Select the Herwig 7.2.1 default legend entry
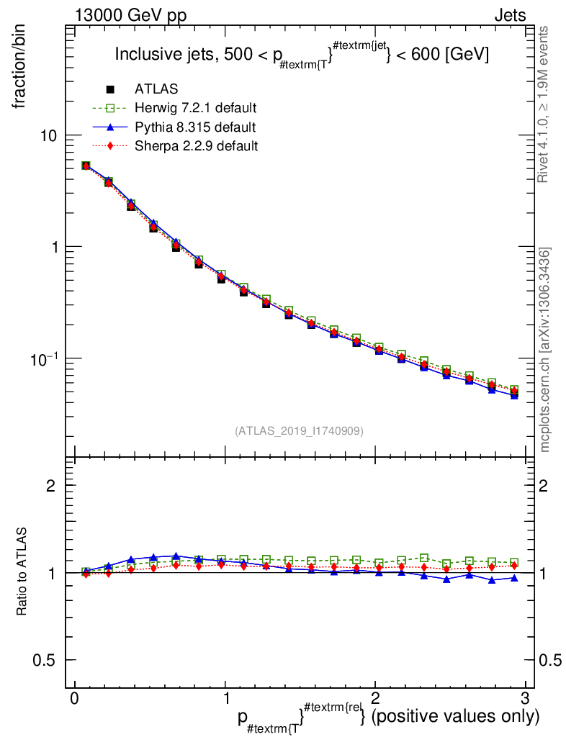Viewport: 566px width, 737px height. (x=195, y=108)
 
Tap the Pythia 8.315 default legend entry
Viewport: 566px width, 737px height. (x=194, y=127)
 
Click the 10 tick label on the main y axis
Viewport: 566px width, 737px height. (x=47, y=136)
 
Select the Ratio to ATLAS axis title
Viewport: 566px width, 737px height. (x=23, y=572)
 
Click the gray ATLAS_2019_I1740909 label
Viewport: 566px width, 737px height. (x=299, y=431)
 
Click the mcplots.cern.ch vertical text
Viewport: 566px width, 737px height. (x=545, y=349)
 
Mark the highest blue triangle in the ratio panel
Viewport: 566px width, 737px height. (x=176, y=556)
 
